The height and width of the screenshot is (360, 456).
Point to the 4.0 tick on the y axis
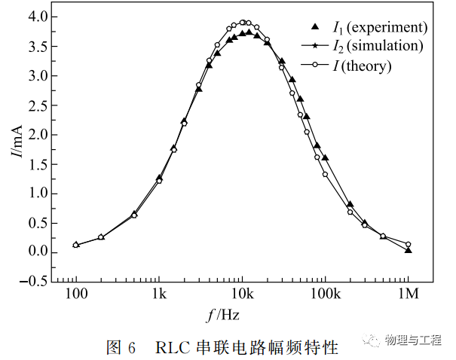[38, 17]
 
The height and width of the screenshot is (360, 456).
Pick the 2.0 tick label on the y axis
[38, 134]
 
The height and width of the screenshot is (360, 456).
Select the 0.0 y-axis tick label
[38, 252]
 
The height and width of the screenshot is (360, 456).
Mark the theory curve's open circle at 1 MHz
[408, 244]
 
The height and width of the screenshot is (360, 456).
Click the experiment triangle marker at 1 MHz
[408, 249]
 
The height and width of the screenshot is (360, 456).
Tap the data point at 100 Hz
[76, 245]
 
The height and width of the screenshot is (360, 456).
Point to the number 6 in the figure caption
[132, 347]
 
